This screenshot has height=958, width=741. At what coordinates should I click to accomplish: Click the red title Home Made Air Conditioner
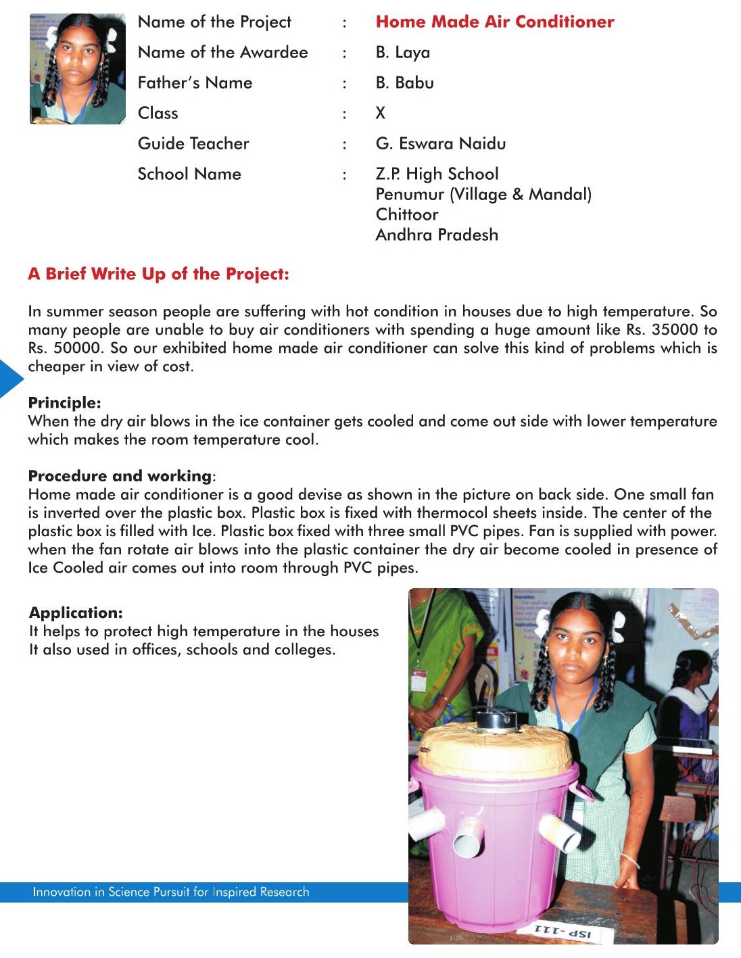[495, 22]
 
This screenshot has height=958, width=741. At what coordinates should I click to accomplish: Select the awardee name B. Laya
[403, 52]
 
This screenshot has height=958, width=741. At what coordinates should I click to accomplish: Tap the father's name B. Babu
[405, 82]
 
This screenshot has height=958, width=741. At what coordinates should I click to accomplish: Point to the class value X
[381, 113]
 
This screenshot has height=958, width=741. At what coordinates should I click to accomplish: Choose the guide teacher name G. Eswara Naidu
[441, 143]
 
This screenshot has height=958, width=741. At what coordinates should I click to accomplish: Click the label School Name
[189, 174]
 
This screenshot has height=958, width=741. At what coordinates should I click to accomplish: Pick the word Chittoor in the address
[407, 214]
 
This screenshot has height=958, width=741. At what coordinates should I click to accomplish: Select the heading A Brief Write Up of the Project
[158, 274]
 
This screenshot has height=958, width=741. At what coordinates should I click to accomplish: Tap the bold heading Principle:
[64, 403]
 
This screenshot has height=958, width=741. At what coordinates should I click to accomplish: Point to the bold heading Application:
[76, 613]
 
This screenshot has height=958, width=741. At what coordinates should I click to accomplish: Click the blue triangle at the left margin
[10, 379]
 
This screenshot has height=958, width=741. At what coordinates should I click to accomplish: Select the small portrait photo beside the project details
[77, 69]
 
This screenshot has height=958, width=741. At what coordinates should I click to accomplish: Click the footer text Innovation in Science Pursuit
[170, 892]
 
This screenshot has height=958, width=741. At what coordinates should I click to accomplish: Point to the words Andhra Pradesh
[437, 235]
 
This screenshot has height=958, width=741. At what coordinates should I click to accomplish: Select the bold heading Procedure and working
[120, 476]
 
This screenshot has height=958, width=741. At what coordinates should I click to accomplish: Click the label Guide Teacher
[193, 143]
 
